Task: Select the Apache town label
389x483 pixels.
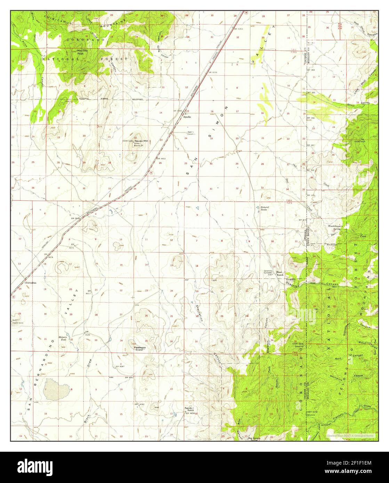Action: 187,117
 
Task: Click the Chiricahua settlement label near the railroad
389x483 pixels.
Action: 31,283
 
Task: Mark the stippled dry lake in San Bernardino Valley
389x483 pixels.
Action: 55,389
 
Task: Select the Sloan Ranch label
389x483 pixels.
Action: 280,273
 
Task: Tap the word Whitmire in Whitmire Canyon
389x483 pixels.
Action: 348,371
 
